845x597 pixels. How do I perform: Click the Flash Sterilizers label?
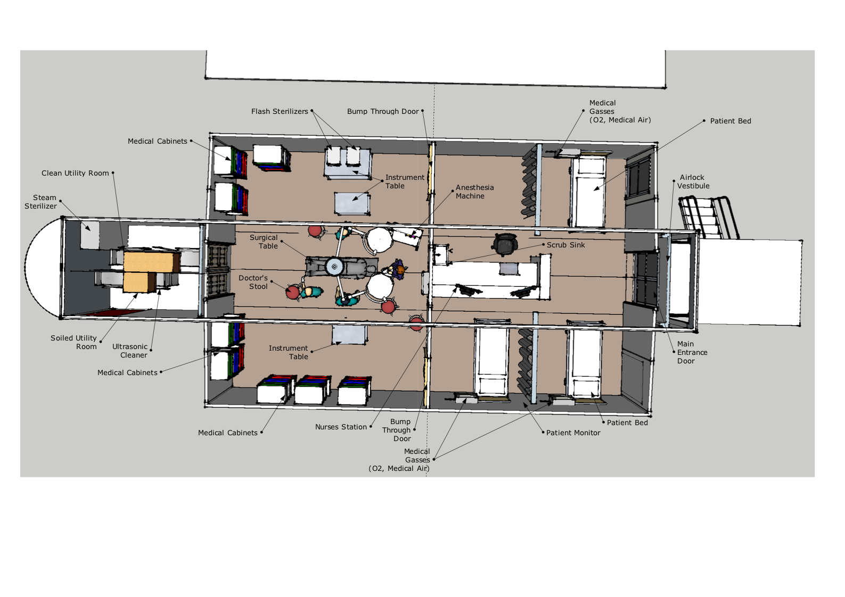point(280,111)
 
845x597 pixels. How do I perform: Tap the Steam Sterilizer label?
point(41,202)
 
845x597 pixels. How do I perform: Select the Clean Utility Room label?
point(75,173)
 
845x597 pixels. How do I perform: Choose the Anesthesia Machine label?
point(474,192)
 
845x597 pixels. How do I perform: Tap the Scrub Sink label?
point(566,245)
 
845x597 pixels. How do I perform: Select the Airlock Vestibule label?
point(693,181)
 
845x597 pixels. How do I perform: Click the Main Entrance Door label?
point(692,352)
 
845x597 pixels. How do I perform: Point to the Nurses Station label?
point(341,427)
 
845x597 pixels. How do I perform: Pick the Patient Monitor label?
point(573,433)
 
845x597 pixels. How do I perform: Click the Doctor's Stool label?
point(253,282)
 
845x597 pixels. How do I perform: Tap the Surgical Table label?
point(264,242)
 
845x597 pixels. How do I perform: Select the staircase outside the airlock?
point(708,218)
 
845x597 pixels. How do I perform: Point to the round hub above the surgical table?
point(334,267)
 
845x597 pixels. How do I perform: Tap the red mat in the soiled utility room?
point(113,312)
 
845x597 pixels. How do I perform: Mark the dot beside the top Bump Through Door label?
point(423,111)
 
